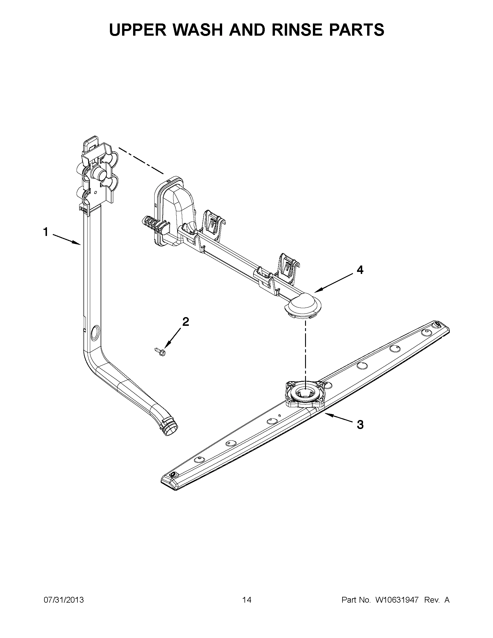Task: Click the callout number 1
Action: click(46, 232)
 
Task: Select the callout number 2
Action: click(185, 322)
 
